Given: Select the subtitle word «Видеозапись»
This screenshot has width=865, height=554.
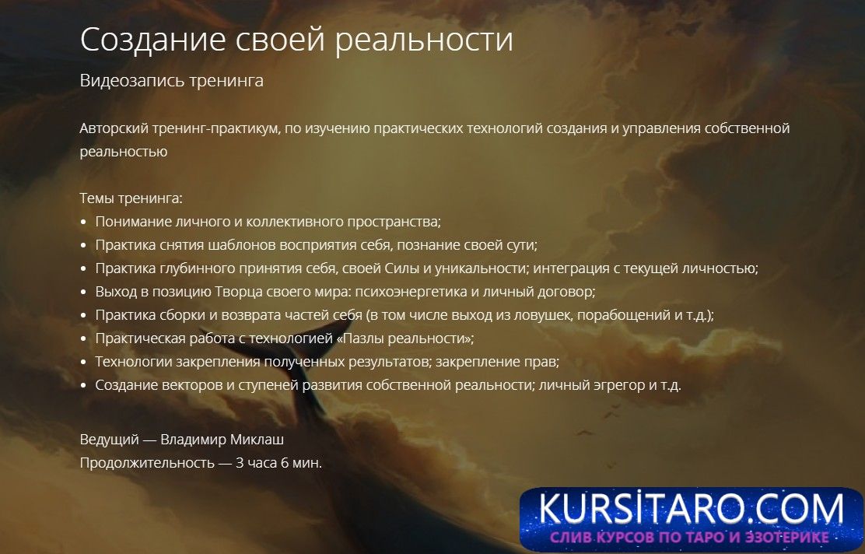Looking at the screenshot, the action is pyautogui.click(x=132, y=81).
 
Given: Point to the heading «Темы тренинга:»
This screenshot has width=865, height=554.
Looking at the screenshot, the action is pyautogui.click(x=131, y=198).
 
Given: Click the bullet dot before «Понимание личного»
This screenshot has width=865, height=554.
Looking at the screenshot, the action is pyautogui.click(x=84, y=223).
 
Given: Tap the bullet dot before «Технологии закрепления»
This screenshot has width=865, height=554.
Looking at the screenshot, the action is pyautogui.click(x=84, y=363).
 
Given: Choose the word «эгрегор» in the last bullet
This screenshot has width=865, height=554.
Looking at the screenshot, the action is pyautogui.click(x=606, y=385).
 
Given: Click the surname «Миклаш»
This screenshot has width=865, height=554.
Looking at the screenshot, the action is pyautogui.click(x=257, y=440).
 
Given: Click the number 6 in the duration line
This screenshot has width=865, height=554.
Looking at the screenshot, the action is pyautogui.click(x=285, y=463).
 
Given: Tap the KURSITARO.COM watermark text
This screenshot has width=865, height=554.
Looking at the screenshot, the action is pyautogui.click(x=692, y=509).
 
